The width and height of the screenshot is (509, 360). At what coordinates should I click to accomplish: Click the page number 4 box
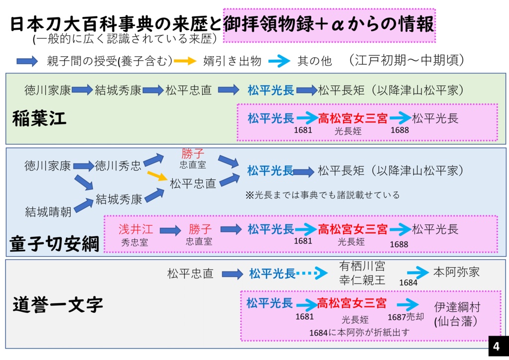click(496, 346)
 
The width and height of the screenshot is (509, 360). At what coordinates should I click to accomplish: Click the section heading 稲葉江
click(39, 120)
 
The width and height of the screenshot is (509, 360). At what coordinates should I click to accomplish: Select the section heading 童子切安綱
click(55, 244)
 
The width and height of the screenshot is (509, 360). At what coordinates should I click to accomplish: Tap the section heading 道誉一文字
click(58, 304)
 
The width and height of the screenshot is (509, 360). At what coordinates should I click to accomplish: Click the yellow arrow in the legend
click(185, 61)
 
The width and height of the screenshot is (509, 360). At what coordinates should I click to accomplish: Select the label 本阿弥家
click(456, 272)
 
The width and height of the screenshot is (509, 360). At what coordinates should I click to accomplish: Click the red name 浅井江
click(135, 229)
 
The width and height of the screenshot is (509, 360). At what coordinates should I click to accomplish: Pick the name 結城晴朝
click(48, 212)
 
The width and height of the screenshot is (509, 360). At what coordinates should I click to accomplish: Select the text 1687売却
click(406, 317)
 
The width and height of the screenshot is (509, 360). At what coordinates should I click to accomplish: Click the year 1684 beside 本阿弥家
click(409, 282)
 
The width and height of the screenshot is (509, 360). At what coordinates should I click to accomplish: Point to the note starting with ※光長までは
click(323, 195)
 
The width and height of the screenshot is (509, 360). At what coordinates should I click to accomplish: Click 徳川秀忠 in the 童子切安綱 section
click(118, 166)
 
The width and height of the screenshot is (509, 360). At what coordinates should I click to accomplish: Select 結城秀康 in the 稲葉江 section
click(118, 90)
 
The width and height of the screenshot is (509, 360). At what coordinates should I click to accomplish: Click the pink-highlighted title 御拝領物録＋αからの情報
click(329, 24)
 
